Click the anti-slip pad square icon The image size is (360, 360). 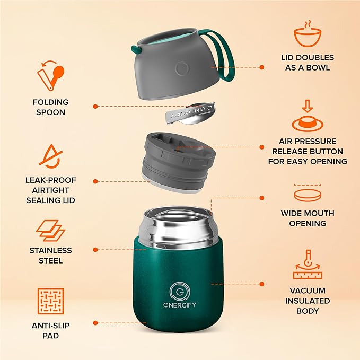coord(51,301)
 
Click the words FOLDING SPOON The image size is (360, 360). coord(51,107)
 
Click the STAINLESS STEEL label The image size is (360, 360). coord(51,255)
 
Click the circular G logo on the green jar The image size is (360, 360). coord(178,292)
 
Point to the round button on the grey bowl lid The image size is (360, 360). coord(182,68)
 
